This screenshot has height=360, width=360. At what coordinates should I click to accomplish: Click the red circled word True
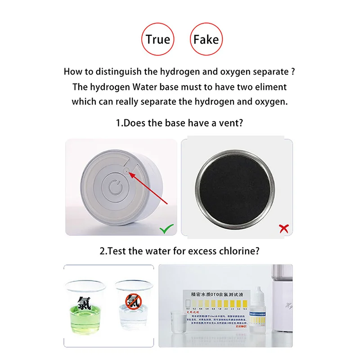click(x=157, y=39)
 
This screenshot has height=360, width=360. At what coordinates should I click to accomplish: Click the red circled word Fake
click(x=205, y=39)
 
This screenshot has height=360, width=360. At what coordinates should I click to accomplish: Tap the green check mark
click(x=166, y=229)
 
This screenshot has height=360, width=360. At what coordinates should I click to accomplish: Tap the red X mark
click(x=283, y=229)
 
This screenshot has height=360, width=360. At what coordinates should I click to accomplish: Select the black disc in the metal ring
click(x=234, y=186)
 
